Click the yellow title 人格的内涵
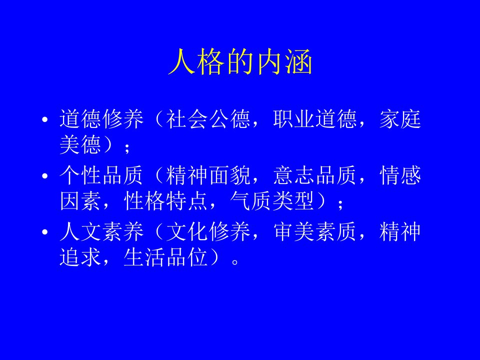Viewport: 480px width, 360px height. (240, 61)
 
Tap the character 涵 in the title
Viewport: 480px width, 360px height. (299, 61)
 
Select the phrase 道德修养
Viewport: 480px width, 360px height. (101, 119)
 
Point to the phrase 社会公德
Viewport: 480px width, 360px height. (208, 119)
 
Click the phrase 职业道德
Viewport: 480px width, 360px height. (314, 119)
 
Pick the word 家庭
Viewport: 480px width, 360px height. (400, 119)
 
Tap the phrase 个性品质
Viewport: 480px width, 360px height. (101, 175)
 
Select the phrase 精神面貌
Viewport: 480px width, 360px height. (208, 175)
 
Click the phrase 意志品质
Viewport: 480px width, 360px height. (314, 175)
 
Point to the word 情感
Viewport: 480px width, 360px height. (400, 175)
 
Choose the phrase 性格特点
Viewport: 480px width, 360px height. (165, 201)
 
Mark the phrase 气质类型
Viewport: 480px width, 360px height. (272, 201)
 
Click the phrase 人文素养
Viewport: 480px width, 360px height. (101, 231)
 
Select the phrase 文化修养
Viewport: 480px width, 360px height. (208, 231)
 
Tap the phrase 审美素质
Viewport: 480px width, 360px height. (314, 231)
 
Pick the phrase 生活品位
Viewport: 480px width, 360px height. (165, 257)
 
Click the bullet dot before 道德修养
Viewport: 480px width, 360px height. (45, 119)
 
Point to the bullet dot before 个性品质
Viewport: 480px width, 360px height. (45, 176)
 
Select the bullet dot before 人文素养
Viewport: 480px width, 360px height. (45, 232)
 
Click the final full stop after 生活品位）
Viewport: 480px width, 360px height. (235, 262)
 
